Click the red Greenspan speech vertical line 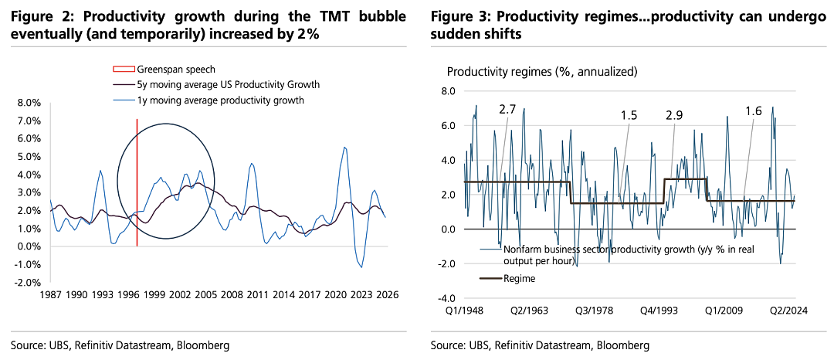(x=137, y=182)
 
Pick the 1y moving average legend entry (x=207, y=100)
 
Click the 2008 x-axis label (x=232, y=294)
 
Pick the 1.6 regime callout (x=754, y=111)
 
